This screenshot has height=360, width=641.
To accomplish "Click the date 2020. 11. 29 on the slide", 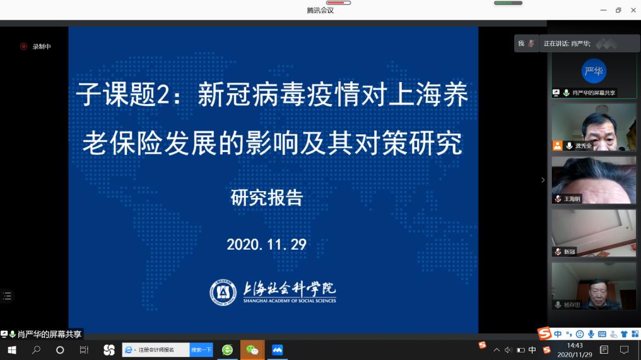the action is point(266,245).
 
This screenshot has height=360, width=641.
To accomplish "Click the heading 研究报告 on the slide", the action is point(267,198).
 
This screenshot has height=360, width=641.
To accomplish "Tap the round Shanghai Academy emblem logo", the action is point(223,293).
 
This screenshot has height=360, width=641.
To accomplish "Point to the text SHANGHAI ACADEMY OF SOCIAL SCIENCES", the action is point(290,301).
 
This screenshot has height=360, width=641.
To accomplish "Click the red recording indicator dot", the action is point(24,47).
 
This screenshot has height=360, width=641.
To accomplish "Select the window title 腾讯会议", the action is point(320,11).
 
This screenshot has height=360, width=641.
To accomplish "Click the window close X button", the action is point(633,10).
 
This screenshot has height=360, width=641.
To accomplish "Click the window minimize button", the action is point(603,10).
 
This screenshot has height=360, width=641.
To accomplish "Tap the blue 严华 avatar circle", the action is point(594,71).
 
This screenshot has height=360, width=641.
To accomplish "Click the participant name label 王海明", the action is point(572,199).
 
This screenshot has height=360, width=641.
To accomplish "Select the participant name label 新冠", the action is point(570,252).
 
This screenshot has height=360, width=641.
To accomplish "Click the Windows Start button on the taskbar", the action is point(12,350).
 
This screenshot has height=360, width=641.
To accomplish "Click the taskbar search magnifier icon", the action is point(36,350).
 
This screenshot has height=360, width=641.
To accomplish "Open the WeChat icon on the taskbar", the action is point(252,350).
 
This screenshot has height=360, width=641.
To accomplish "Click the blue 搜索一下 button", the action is point(201,350).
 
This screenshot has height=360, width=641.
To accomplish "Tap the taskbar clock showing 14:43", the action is point(575,345).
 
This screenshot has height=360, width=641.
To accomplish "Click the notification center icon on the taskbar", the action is point(624,350).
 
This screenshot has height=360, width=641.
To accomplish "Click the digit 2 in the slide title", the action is point(163,95).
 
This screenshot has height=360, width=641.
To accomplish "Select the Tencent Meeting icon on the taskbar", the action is point(277,350).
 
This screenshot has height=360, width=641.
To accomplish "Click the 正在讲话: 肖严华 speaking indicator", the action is point(567,44).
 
